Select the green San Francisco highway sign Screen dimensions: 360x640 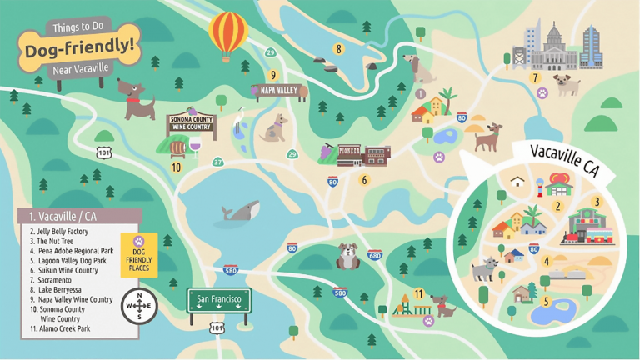[218, 300]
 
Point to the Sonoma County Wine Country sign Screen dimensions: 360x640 [191, 125]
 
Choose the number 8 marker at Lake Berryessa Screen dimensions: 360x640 [338, 49]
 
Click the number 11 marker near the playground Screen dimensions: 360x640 [418, 293]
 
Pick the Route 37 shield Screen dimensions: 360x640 [217, 162]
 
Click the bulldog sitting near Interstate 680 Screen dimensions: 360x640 [347, 256]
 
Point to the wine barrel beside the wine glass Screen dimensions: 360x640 [177, 149]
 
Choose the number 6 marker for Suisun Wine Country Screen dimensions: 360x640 [363, 179]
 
